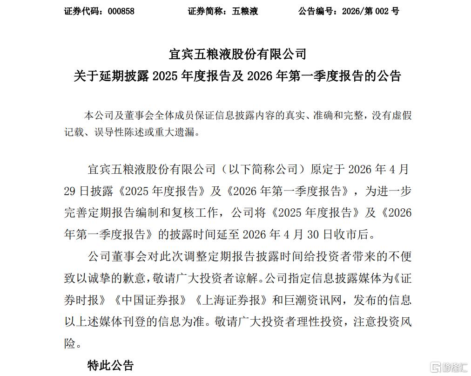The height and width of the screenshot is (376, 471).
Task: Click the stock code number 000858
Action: pyautogui.click(x=121, y=11)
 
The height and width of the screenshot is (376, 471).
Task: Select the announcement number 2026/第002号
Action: pyautogui.click(x=370, y=11)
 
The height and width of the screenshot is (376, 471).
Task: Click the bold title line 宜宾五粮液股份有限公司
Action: pyautogui.click(x=237, y=54)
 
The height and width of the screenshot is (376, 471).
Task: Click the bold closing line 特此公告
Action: pyautogui.click(x=110, y=365)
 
